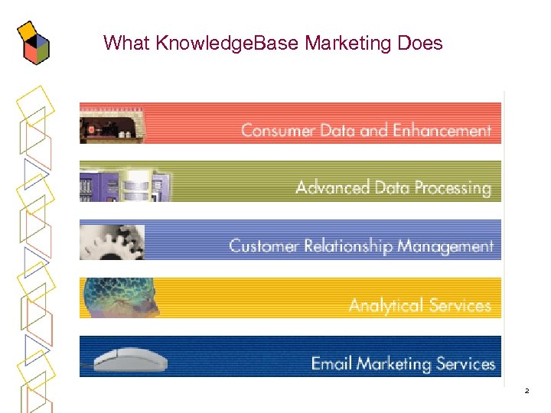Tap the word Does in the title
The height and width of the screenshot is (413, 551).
click(x=420, y=44)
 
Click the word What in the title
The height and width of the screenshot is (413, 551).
click(x=126, y=44)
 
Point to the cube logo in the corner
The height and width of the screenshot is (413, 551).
click(x=33, y=44)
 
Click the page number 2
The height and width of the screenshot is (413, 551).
click(x=527, y=391)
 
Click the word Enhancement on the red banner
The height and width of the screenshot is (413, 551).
click(x=442, y=131)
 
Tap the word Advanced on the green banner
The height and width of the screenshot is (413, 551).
click(x=333, y=187)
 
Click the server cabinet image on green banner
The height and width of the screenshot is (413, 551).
click(x=122, y=184)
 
